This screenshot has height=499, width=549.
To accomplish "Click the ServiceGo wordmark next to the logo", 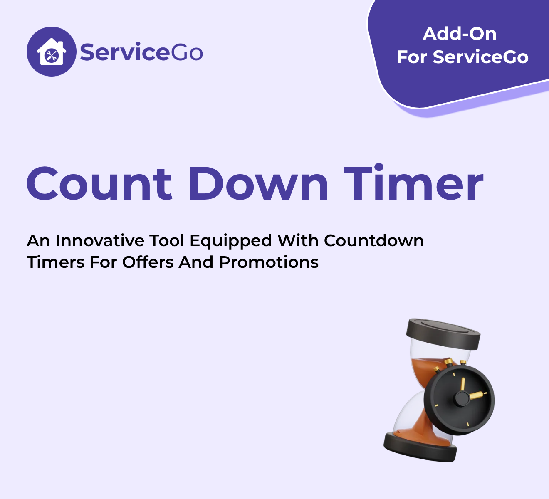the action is coord(141,52).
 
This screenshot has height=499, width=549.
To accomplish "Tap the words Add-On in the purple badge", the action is coord(460,34).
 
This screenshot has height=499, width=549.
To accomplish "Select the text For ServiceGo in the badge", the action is coord(462,57).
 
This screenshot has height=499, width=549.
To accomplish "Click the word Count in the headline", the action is coord(99,183).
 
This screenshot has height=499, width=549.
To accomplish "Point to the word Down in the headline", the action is coord(259,183).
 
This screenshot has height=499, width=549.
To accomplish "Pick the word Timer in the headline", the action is coord(413,182).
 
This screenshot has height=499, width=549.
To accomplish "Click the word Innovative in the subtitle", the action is coord(100,241).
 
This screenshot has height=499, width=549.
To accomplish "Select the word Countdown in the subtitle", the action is coord(374,241).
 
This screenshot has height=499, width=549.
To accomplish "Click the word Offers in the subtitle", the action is coord(148,262).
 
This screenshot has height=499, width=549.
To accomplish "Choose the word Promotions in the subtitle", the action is coord(269,262).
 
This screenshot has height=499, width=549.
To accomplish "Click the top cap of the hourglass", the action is coord(443,333).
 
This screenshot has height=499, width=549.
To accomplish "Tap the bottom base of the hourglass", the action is coord(420,447).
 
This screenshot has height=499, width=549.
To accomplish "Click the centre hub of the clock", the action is coord(462,398).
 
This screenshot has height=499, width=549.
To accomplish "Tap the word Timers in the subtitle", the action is coord(56,262).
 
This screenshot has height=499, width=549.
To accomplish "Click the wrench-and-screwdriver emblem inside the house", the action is coord(52,56).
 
